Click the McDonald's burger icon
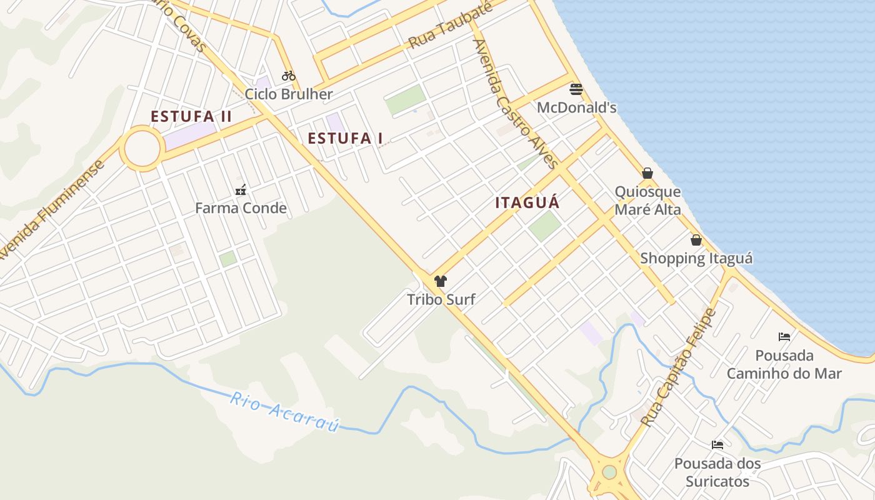576,89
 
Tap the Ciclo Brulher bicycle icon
288,76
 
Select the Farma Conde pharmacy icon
241,189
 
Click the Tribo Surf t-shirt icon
441,281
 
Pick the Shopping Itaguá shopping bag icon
696,240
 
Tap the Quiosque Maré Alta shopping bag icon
647,173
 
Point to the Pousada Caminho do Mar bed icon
784,337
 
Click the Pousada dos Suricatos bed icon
717,445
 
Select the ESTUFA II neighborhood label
191,117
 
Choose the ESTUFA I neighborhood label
345,139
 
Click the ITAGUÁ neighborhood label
527,203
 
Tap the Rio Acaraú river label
284,412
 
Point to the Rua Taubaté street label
450,25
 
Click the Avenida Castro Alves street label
515,104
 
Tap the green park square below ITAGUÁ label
544,226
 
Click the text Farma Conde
241,208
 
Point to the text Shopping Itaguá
696,258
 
